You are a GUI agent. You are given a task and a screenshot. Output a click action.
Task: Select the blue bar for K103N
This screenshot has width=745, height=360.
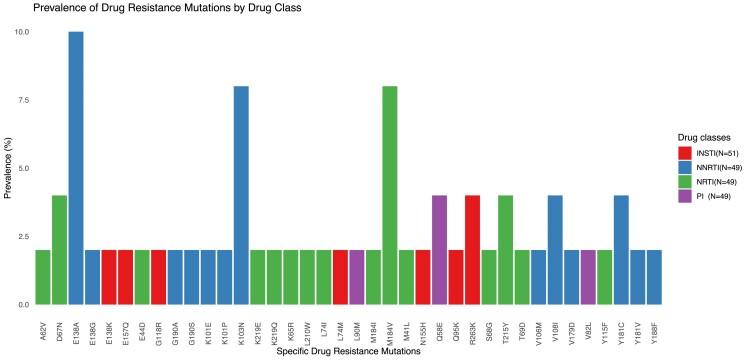[x=241, y=195]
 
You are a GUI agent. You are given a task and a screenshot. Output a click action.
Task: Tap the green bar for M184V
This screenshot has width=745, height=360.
[x=389, y=195]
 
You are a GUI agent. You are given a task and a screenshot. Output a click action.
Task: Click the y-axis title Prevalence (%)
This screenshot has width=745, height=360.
[x=8, y=168]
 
